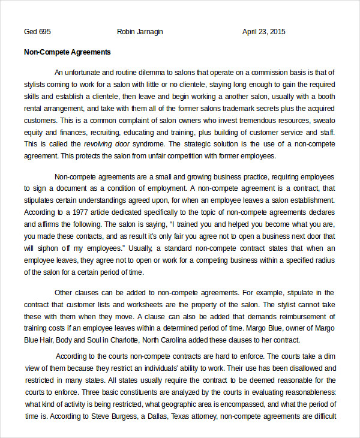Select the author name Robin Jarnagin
[x=140, y=32]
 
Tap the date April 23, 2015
[x=263, y=32]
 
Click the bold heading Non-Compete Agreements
[x=67, y=52]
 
